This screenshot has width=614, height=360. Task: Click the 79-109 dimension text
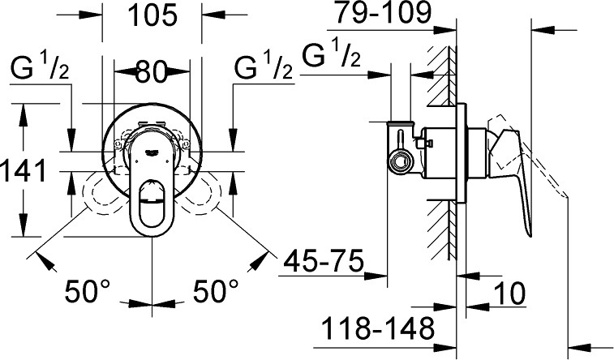coord(385,14)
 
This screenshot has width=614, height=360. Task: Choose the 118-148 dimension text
coord(377,330)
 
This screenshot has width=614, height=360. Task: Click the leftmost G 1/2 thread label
coord(40,71)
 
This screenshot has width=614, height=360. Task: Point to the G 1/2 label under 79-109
coord(331,58)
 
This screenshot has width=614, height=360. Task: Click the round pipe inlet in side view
coord(399,161)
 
